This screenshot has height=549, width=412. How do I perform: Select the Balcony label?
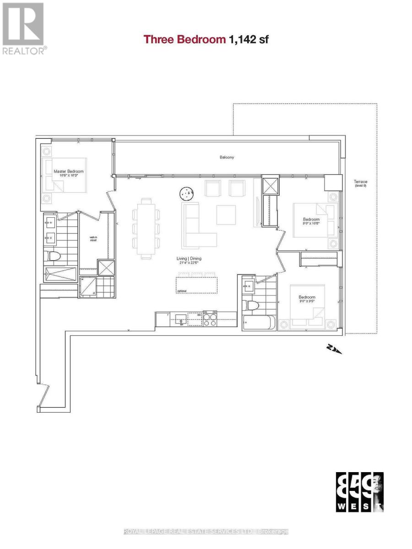(226, 157)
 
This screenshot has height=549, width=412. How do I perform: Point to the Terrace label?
(360, 183)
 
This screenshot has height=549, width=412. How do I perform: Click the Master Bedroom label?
(68, 172)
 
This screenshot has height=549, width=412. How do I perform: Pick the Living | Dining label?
(189, 259)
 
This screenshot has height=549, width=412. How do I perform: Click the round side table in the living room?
(187, 194)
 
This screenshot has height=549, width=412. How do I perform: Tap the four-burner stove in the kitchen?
(210, 319)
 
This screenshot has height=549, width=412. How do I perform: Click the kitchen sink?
(183, 318)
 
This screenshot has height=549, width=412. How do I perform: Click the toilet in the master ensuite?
(50, 257)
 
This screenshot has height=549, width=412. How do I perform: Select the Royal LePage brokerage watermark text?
(206, 531)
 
